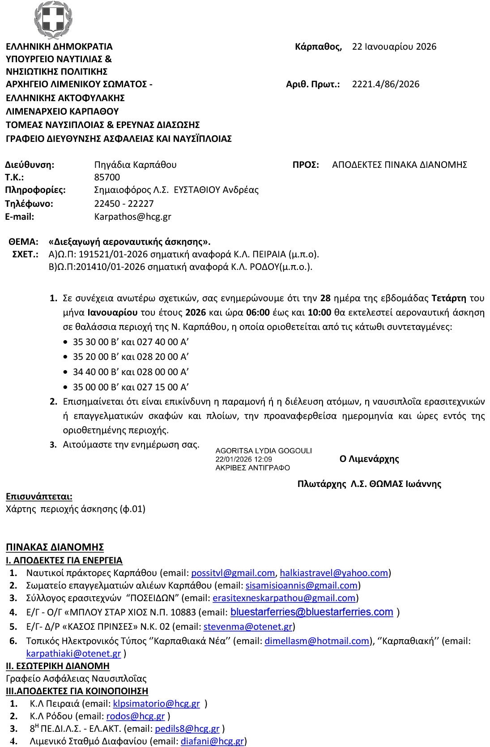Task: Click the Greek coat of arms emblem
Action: tap(53, 20)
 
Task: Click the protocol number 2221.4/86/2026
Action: tap(386, 84)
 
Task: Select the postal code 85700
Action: tap(107, 177)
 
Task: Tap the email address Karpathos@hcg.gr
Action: tap(132, 217)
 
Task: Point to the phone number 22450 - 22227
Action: tap(124, 204)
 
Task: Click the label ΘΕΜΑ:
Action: tap(23, 242)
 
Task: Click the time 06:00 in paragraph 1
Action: tap(258, 312)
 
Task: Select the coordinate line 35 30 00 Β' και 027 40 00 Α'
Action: tap(131, 342)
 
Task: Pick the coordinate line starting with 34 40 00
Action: tap(131, 372)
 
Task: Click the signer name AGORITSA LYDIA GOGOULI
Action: tap(264, 451)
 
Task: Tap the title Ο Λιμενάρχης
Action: tap(369, 459)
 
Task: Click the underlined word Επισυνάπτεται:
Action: tap(39, 496)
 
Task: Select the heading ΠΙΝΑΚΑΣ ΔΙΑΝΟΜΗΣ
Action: tap(55, 547)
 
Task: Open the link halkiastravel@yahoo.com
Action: tap(334, 573)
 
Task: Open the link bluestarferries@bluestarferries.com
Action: tap(311, 612)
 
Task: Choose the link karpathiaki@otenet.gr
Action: tap(73, 653)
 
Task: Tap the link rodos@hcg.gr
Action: tap(136, 716)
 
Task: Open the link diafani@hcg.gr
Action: tap(213, 741)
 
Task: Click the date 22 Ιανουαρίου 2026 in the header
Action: tap(394, 47)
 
